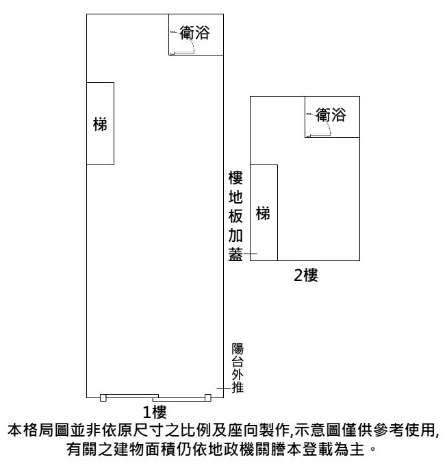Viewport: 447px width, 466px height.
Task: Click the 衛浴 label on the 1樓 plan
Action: coord(194,33)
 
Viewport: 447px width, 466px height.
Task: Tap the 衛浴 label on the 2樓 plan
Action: coord(331,115)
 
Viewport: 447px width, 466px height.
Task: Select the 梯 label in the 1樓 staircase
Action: coord(100,124)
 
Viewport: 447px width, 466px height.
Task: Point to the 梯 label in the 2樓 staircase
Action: coord(263,213)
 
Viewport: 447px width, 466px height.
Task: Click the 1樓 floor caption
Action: coord(155,412)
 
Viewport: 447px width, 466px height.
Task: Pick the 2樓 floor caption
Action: coord(306,275)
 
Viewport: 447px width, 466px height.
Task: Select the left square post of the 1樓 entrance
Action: coord(103,397)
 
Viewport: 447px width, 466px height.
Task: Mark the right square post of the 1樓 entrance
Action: coord(208,397)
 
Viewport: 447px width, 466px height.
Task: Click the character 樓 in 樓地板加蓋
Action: coord(235,177)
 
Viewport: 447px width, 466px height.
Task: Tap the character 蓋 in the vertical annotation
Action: coord(235,254)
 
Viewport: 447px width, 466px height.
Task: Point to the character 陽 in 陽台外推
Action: coord(238,349)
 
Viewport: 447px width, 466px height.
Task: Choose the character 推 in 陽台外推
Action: coord(238,388)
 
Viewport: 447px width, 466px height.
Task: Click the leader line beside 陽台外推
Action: coord(224,388)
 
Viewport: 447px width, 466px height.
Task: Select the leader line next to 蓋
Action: coord(251,254)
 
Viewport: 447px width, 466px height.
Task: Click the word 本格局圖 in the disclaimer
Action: coord(38,430)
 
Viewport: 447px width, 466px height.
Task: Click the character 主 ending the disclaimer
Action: coord(357,449)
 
